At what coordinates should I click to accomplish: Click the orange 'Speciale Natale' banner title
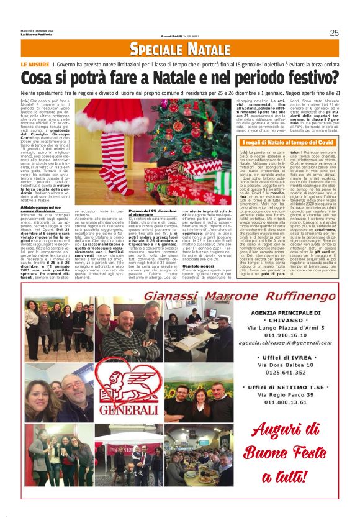[179, 50]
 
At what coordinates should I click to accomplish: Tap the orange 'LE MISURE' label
[35, 65]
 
